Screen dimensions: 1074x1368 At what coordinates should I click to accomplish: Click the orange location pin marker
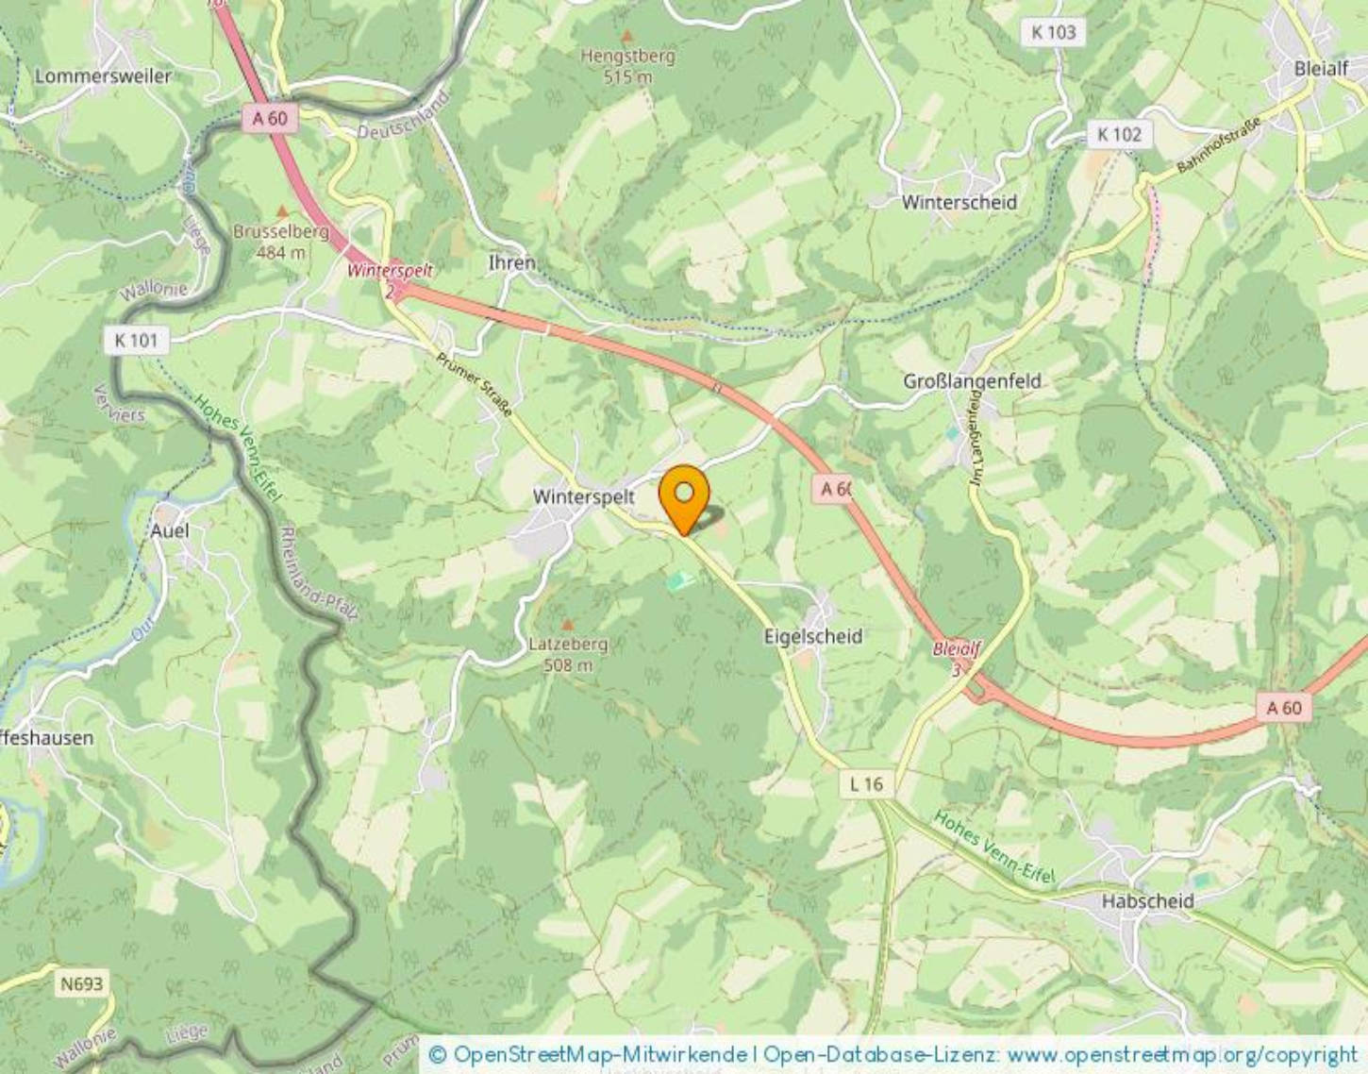coord(684,496)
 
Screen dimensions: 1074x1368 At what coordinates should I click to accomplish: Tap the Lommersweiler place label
coord(103,76)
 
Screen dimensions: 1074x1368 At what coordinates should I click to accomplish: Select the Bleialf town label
coord(1321,68)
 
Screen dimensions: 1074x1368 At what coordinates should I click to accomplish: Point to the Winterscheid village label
coord(959,202)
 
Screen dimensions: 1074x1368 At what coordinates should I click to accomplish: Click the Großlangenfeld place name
coord(972,381)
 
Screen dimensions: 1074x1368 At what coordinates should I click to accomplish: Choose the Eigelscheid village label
coord(812,636)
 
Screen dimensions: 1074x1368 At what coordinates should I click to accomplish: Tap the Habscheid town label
coord(1147,901)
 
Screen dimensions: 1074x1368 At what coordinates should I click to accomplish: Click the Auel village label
coord(170,530)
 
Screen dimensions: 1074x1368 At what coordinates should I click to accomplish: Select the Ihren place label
coord(511,263)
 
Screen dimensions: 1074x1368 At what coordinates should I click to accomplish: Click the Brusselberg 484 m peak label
coord(281,242)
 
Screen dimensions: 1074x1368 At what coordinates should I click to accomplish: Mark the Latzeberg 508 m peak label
coord(568,654)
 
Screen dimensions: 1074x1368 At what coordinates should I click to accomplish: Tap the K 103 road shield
coord(1053,32)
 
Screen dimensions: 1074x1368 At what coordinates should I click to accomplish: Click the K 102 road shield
coord(1119,135)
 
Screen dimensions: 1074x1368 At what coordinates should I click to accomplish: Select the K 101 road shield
coord(136,340)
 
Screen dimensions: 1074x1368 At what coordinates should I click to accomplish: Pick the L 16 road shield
coord(866,783)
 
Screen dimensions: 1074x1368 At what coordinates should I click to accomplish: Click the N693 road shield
coord(81,984)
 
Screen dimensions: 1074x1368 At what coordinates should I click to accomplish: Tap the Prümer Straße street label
coord(474,384)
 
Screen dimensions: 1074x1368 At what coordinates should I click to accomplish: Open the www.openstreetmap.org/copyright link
coord(1181,1054)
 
